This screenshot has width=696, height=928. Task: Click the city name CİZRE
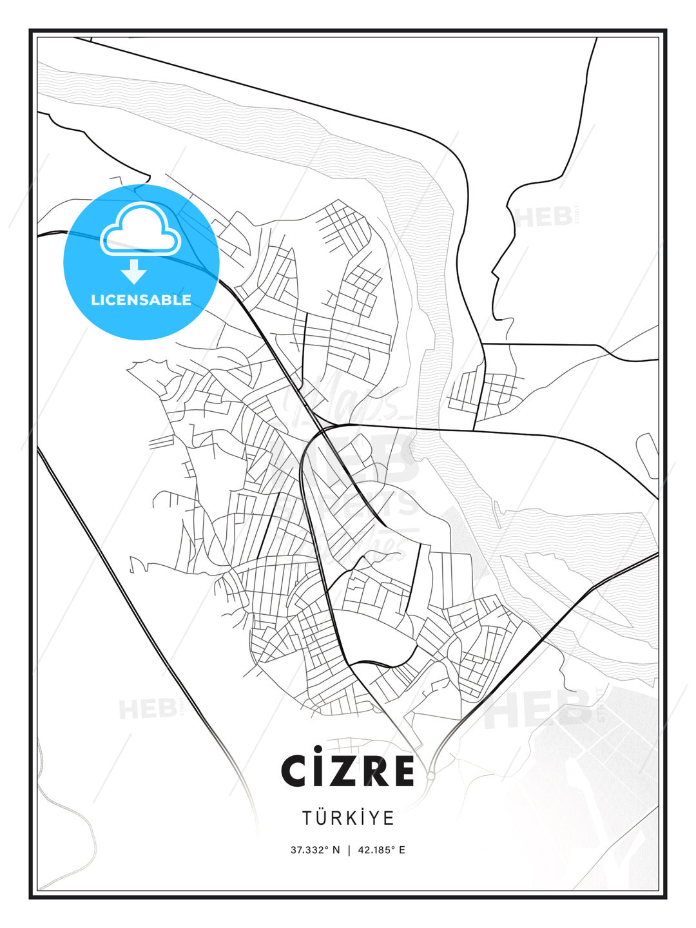347,771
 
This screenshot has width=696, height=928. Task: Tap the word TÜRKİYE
348,818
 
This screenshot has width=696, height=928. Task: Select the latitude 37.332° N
315,850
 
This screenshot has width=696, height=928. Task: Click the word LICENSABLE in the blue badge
141,300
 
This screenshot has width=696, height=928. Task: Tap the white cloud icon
139,229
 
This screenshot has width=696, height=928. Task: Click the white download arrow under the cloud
134,272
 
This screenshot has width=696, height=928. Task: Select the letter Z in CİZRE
339,771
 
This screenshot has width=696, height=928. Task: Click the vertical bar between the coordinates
349,850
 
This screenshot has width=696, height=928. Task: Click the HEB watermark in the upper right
545,217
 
